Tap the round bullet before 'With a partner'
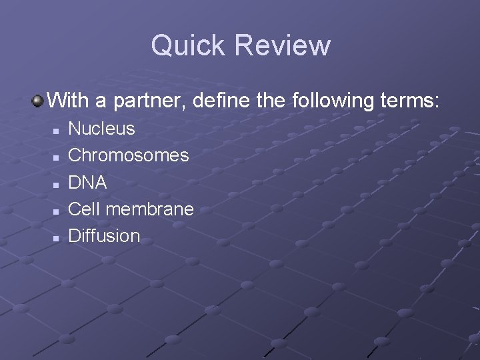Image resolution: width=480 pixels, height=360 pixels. [x=38, y=101]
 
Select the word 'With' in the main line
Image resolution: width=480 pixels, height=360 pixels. [x=69, y=101]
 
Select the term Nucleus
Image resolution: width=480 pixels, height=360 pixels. [x=102, y=129]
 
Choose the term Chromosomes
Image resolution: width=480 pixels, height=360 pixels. [x=129, y=155]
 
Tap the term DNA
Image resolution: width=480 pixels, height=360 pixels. [x=88, y=182]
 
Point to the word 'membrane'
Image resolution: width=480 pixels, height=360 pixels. [x=150, y=209]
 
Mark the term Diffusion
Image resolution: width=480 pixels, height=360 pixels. [x=105, y=236]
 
